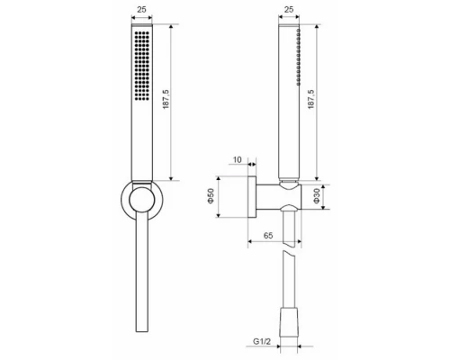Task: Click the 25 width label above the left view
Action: (141, 9)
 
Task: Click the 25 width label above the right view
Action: (289, 9)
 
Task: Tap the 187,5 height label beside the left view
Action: (166, 99)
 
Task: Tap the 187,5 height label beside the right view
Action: (311, 99)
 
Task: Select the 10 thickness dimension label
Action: (237, 160)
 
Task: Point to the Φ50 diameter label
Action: (211, 196)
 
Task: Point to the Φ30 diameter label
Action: (317, 196)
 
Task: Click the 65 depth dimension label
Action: (268, 236)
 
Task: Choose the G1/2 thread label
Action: (262, 341)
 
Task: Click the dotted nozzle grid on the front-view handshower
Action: (142, 65)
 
